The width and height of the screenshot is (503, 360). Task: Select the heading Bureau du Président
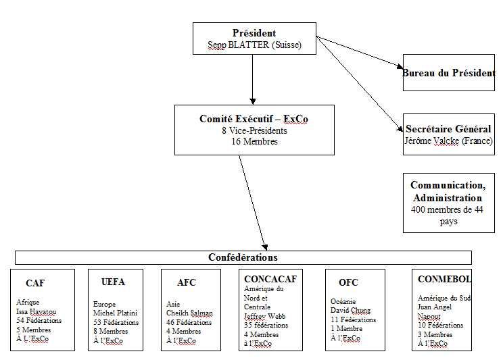click(x=449, y=73)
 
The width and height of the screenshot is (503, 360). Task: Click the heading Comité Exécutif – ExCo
click(x=254, y=118)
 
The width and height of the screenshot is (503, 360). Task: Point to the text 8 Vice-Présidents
click(x=254, y=130)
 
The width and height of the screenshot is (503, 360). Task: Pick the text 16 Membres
click(x=254, y=142)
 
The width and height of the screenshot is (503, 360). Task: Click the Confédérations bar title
click(x=243, y=257)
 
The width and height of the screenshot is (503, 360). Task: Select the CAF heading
click(x=35, y=283)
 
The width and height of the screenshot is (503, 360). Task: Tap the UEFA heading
click(x=112, y=282)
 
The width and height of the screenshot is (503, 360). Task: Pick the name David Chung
click(x=350, y=311)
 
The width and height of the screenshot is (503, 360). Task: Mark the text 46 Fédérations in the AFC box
click(x=189, y=323)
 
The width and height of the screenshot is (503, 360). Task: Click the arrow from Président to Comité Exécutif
click(x=252, y=78)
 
